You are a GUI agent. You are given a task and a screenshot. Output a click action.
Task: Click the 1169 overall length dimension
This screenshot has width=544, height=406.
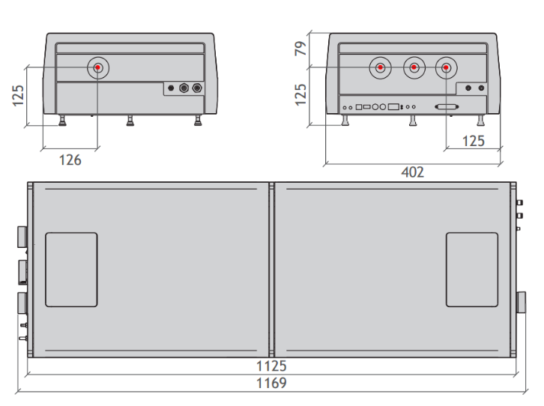[271, 383]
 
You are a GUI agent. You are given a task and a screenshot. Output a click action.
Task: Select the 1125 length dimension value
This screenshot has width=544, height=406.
[271, 366]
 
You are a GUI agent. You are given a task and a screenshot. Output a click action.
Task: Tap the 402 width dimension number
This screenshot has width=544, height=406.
[413, 172]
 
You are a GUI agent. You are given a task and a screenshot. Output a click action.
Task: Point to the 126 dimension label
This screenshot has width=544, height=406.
[70, 160]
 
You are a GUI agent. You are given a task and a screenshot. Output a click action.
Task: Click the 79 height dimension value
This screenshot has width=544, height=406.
[300, 48]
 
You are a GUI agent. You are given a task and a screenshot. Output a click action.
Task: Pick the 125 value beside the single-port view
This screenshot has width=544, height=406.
[18, 96]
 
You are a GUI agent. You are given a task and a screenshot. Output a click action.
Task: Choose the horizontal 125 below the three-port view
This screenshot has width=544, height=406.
[474, 141]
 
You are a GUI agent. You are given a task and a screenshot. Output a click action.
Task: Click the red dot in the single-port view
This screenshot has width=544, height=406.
[98, 67]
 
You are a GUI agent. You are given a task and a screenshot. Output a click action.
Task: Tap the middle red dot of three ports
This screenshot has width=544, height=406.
[414, 67]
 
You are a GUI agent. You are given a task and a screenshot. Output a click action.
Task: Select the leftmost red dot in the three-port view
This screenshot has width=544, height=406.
[380, 67]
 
